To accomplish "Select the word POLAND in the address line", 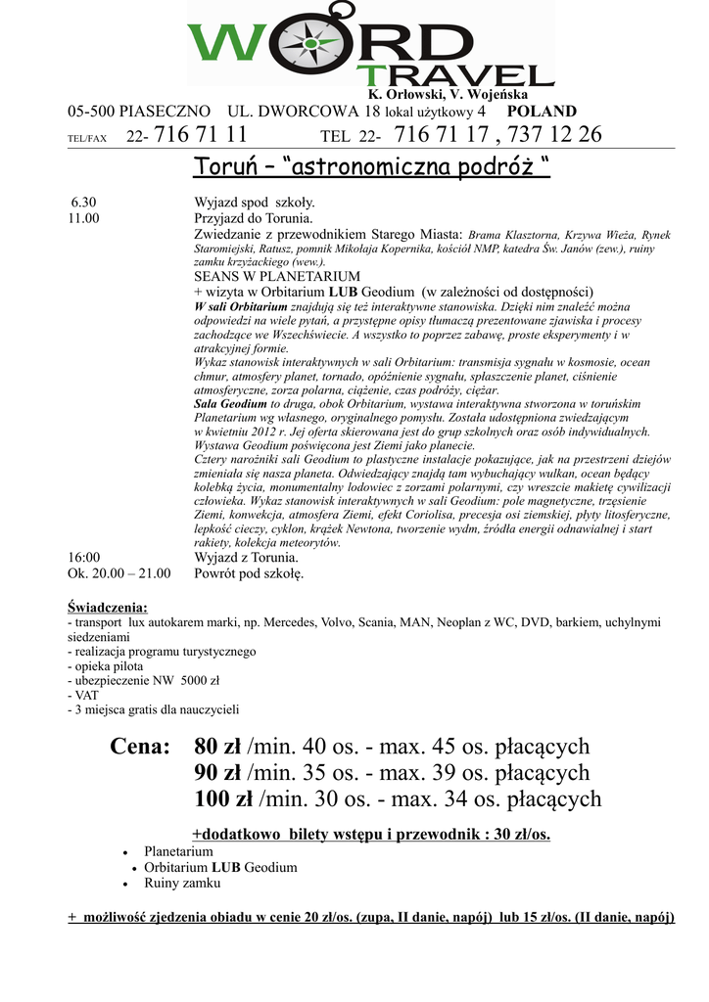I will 542,112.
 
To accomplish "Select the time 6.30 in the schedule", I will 83,203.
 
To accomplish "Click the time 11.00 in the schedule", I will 83,218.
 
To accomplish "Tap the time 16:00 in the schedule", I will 84,558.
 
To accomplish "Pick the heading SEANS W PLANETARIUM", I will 277,277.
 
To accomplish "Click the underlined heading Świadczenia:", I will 108,607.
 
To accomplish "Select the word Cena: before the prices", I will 140,748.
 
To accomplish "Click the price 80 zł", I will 218,748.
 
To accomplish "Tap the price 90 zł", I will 218,774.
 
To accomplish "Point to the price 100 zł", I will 224,800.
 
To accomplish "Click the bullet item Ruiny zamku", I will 182,883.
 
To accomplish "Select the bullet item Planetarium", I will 178,851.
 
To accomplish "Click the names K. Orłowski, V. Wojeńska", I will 448,95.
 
